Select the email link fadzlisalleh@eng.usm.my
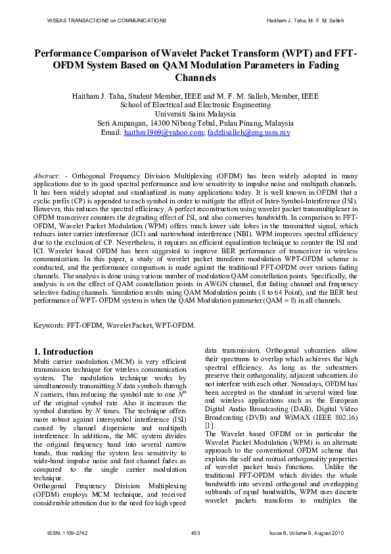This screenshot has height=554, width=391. [248, 132]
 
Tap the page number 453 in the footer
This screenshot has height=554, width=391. [195, 532]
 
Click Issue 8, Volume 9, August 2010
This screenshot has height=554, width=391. [307, 532]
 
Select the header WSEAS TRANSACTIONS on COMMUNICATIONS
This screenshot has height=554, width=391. [106, 21]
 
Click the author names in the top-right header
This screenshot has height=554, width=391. [306, 21]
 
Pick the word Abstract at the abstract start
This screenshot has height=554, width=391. [47, 177]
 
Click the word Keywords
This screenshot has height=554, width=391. [50, 325]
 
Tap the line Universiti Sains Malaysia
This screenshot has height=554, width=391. [195, 114]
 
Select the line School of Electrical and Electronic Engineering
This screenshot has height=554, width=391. [195, 105]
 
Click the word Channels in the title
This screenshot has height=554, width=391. [195, 78]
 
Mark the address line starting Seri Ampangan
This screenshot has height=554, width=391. [195, 123]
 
